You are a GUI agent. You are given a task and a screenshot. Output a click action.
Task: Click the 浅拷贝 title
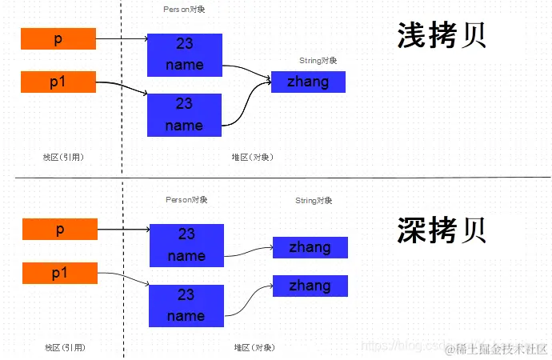[x=442, y=37]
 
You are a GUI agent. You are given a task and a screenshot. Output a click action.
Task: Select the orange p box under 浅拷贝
[x=58, y=39]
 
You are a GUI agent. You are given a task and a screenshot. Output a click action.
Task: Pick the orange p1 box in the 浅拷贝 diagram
[x=58, y=82]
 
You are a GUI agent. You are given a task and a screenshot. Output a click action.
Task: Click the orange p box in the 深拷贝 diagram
[x=60, y=230]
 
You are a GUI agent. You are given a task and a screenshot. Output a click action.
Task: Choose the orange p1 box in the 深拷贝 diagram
[x=60, y=273]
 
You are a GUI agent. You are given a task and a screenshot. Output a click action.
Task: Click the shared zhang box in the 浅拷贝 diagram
[x=308, y=82]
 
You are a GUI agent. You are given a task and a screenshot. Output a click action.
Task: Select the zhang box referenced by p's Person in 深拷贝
[x=310, y=247]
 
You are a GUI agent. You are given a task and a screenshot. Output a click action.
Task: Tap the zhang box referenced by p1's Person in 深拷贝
[x=310, y=286]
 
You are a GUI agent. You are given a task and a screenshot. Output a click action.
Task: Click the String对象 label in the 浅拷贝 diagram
[x=318, y=60]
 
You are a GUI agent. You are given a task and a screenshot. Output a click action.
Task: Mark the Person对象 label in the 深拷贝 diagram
[x=186, y=200]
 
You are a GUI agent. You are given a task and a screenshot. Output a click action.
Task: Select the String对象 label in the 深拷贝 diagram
[x=314, y=200]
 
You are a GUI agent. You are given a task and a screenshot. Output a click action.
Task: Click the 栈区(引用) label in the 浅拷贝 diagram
[x=63, y=157]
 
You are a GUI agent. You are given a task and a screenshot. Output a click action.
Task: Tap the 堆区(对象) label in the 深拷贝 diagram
[x=255, y=347]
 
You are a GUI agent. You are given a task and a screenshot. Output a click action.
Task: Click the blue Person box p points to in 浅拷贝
[x=185, y=55]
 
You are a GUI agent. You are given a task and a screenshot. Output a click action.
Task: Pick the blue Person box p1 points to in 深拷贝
[x=186, y=305]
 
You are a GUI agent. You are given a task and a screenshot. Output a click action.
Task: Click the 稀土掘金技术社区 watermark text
[x=502, y=349]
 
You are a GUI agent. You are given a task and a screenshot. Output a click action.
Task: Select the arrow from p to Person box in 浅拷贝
[x=122, y=38]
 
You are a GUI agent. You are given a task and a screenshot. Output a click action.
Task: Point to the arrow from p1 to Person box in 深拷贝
[x=124, y=275]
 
